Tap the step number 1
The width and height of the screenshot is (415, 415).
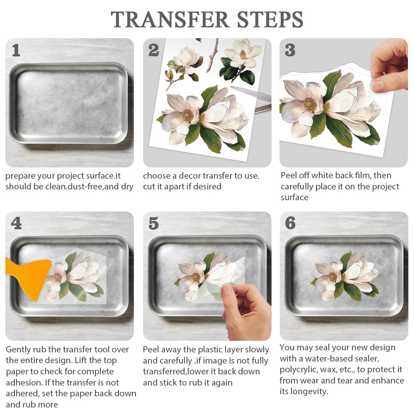pyautogui.click(x=16, y=50)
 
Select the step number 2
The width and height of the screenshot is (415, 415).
pyautogui.click(x=153, y=50)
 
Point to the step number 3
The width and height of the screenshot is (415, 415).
pyautogui.click(x=290, y=50)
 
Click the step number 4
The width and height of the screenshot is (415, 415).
pyautogui.click(x=16, y=223)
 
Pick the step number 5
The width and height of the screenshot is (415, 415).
pyautogui.click(x=153, y=223)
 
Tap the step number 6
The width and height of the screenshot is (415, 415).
pyautogui.click(x=290, y=223)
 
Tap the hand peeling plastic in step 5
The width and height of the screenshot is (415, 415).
pyautogui.click(x=245, y=311)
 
